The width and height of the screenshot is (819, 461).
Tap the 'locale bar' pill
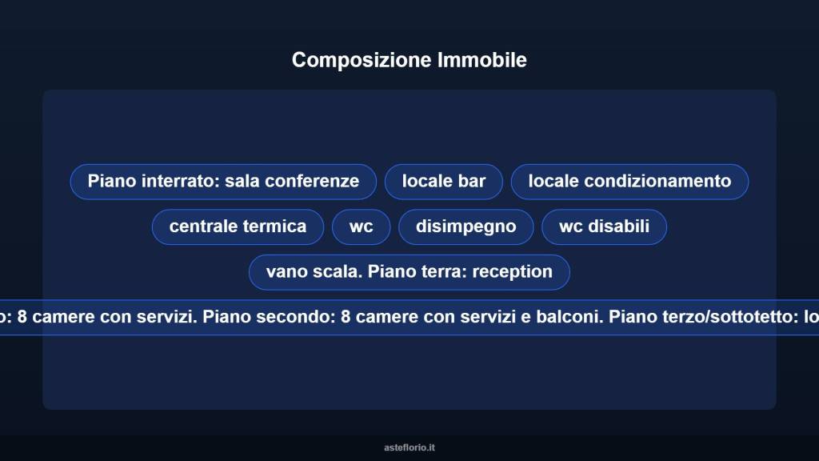444,182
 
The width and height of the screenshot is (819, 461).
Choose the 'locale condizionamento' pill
629,182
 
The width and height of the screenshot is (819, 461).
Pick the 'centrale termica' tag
238,227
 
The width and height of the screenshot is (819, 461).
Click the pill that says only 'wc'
362,227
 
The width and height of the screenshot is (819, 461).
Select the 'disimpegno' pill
465,227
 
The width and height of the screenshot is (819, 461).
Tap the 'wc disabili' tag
604,227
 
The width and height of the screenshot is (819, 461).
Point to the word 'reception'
513,272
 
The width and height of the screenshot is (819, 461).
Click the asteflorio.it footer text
409,447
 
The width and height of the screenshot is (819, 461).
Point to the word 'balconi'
571,317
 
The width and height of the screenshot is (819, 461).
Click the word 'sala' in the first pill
242,182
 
